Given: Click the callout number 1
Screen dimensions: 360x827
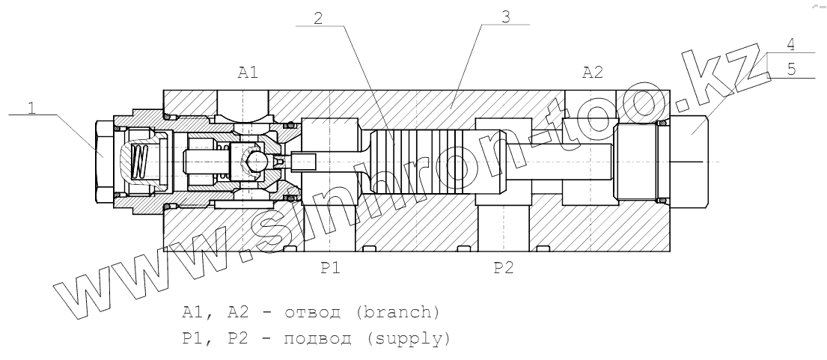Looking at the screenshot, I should click(31, 107).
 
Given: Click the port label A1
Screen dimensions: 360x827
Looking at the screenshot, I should click(248, 73).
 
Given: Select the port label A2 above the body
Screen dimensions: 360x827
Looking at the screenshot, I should click(592, 73).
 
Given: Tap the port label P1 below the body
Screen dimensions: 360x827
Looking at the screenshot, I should click(332, 269).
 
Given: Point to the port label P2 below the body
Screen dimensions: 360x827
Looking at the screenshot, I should click(504, 269).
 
